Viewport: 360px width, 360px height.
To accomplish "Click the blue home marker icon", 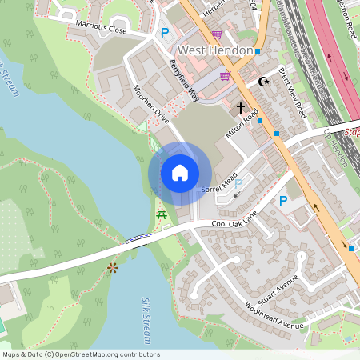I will click(x=179, y=173).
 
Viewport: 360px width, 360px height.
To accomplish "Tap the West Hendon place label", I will click(x=215, y=50).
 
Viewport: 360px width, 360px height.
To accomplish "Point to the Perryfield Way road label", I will click(x=183, y=80).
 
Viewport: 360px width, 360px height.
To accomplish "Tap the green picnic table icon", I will click(x=162, y=214).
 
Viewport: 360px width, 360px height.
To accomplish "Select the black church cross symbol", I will click(x=240, y=106).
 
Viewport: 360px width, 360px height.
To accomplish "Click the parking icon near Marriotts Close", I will click(x=166, y=33).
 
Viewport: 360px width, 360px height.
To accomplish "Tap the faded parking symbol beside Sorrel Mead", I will click(x=238, y=184).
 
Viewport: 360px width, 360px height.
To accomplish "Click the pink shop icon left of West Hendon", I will click(x=218, y=34).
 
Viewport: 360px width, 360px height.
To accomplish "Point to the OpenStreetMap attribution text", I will click(x=81, y=354).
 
